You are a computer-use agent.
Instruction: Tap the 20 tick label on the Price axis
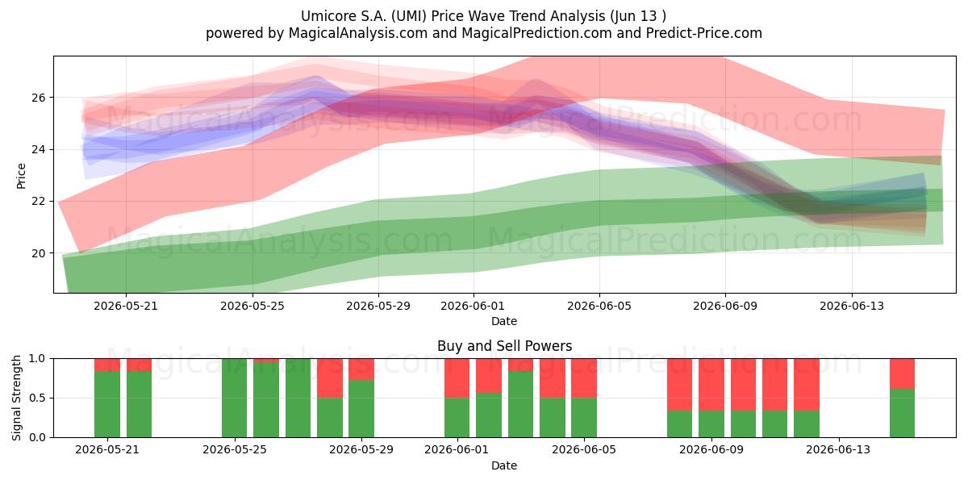click(x=38, y=253)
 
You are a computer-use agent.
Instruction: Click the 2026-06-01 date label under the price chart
click(x=474, y=306)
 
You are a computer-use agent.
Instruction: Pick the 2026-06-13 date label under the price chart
click(x=852, y=306)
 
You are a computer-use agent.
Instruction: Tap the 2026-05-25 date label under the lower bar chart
click(x=235, y=449)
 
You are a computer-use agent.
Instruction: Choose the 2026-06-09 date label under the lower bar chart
click(x=711, y=449)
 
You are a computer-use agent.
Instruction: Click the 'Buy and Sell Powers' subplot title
click(x=504, y=346)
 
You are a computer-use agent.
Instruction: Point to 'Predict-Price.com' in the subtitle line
click(x=704, y=33)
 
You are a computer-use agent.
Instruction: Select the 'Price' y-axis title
click(x=21, y=177)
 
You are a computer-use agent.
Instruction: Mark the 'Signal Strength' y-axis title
click(x=16, y=398)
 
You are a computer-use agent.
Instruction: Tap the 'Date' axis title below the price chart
click(x=504, y=321)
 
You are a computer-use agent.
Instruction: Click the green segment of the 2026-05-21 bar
click(x=107, y=404)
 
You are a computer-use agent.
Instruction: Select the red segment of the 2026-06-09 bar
click(x=711, y=385)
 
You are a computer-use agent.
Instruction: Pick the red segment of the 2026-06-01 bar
click(x=457, y=378)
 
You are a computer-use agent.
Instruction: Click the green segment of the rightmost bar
click(x=903, y=413)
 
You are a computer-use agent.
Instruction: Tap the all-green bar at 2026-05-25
click(x=235, y=398)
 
